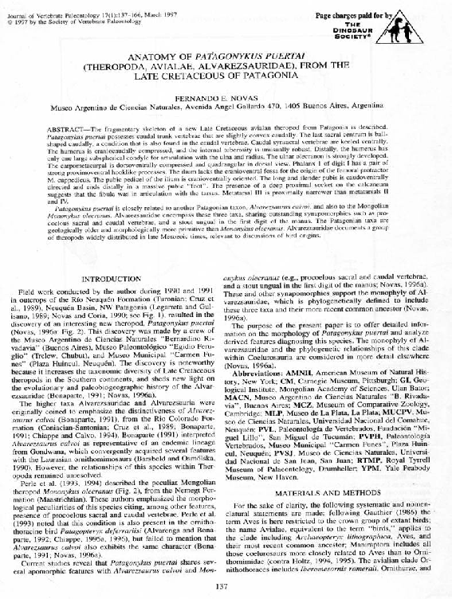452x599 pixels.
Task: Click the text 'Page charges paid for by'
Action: tap(354, 16)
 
